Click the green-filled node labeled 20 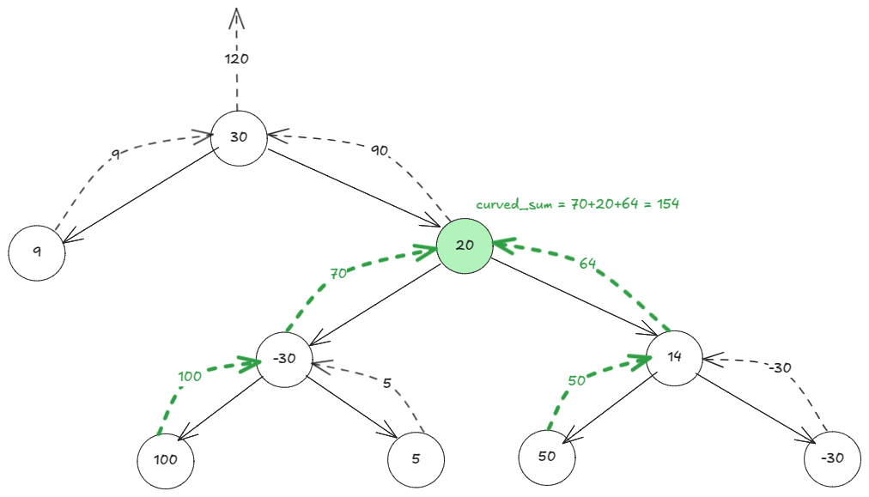point(465,245)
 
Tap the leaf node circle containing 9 point(37,252)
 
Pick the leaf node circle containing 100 point(166,459)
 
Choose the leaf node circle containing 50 point(547,456)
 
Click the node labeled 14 point(674,357)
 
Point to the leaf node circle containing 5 point(416,459)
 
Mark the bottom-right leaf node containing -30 point(832,458)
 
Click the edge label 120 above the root point(236,59)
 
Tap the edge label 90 point(380,150)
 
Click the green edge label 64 point(587,264)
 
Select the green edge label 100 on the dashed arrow point(191,376)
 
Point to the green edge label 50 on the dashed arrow point(577,379)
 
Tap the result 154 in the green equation point(666,204)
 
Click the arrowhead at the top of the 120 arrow point(237,15)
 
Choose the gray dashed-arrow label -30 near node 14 point(778,367)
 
